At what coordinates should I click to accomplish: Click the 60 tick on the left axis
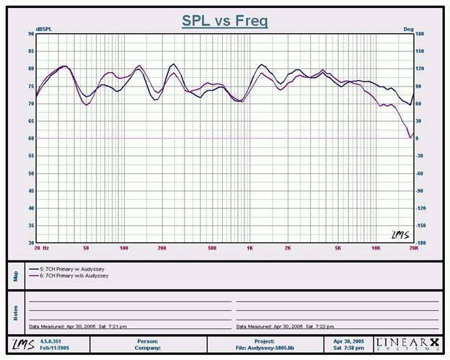[x=31, y=139]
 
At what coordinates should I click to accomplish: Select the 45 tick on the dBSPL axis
[x=31, y=190]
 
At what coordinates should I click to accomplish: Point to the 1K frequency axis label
[x=250, y=247]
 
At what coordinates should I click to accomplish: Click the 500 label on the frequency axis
[x=212, y=247]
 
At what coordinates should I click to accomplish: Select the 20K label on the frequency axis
[x=413, y=247]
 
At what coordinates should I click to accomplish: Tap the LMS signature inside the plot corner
[x=399, y=234]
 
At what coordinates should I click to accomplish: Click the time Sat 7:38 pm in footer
[x=348, y=347]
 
